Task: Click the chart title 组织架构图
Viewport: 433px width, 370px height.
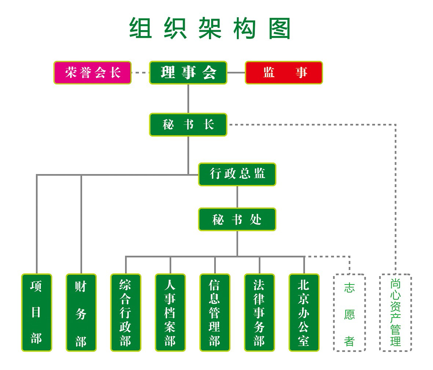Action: (210, 28)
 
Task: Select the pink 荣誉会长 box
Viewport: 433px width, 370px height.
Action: (92, 73)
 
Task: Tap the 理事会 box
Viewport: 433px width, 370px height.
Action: (188, 73)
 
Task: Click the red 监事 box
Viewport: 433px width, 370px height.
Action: (284, 73)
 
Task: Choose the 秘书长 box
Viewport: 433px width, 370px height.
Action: (188, 125)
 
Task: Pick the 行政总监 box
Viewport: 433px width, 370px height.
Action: (237, 174)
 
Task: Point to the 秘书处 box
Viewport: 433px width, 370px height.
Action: (237, 220)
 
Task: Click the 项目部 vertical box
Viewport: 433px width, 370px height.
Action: (36, 312)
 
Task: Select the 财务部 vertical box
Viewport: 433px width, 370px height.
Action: (81, 312)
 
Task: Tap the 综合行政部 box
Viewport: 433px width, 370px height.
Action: (126, 312)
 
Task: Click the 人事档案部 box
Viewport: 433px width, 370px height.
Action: (170, 312)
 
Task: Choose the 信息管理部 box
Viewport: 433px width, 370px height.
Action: (215, 312)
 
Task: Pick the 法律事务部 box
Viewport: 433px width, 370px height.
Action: (259, 312)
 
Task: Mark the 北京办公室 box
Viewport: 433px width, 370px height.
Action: (304, 312)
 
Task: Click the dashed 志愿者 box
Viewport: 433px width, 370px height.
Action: (349, 312)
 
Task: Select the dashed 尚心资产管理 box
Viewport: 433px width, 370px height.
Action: (395, 312)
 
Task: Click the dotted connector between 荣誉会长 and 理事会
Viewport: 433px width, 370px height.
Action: (140, 73)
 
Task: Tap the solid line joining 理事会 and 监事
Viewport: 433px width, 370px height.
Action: (236, 73)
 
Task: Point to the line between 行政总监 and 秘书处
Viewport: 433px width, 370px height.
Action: (237, 197)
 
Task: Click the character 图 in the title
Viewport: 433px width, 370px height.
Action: (280, 28)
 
